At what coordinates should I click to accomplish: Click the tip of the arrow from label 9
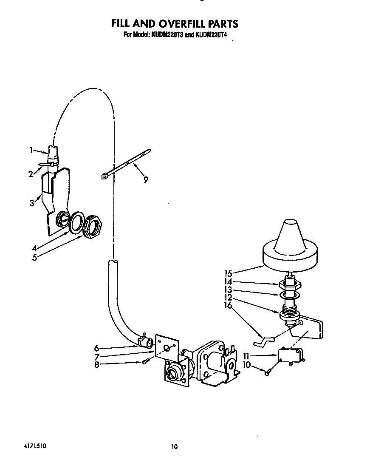pos(134,163)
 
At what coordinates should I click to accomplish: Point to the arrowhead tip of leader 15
pos(264,266)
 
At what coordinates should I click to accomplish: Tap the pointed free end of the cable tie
pos(150,151)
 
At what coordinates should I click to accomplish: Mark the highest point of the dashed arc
pos(94,88)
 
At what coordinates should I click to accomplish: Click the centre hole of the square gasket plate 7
pos(167,347)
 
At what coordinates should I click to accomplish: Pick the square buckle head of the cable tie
pos(104,176)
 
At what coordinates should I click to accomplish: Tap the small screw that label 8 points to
pos(145,361)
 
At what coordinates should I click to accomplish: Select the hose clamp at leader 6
pos(141,339)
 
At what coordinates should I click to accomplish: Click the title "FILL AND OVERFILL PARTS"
pos(174,23)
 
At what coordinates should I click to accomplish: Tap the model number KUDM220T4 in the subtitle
pos(211,35)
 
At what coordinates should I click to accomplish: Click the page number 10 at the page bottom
pos(175,447)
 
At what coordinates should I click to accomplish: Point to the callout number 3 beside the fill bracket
pos(32,203)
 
